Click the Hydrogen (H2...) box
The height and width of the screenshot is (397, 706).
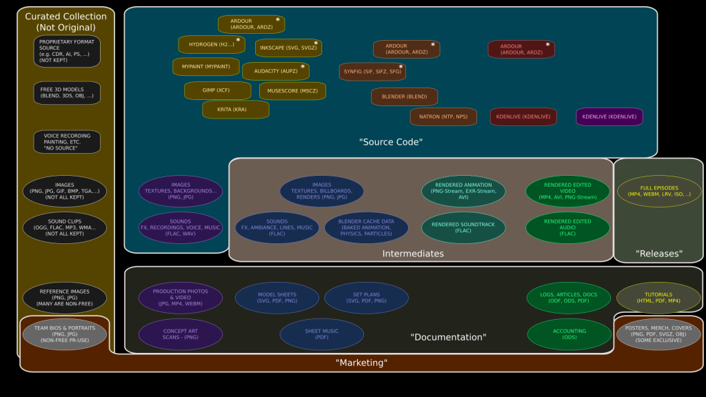coord(212,45)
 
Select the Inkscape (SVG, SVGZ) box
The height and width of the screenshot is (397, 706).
coord(288,48)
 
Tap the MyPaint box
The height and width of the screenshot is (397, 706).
coord(205,67)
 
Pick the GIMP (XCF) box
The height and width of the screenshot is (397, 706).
coord(217,91)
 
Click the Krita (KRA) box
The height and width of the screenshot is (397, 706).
coord(235,110)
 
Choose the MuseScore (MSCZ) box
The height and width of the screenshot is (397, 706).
coord(292,91)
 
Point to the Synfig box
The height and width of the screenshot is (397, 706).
coord(372,72)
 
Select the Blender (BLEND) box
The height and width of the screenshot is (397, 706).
coord(404,96)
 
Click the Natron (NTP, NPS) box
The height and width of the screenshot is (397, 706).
coord(443,116)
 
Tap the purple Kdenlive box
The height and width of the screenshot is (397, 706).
coord(609,116)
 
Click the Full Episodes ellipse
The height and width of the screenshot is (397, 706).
coord(659,191)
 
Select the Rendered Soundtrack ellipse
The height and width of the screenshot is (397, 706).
coord(463,228)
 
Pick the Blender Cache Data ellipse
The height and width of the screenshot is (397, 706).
coord(366,228)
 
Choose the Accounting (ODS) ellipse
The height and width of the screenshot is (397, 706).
coord(569,334)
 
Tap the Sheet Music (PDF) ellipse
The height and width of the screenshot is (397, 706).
coord(321,334)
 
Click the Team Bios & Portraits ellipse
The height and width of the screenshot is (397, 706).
coord(65,334)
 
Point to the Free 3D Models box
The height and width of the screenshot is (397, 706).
coord(67,93)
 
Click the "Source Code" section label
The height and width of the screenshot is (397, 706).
coord(390,142)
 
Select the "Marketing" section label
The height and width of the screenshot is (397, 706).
coord(361,363)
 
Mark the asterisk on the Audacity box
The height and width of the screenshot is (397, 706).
coord(302,67)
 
